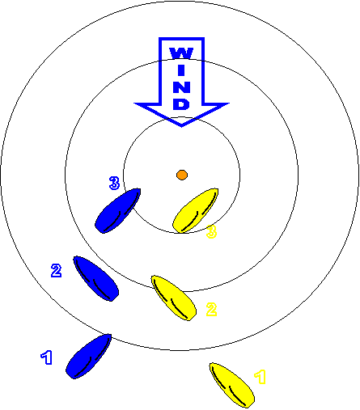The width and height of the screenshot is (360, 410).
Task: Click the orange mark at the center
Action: (182, 175)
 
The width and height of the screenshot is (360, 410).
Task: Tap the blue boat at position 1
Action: (89, 357)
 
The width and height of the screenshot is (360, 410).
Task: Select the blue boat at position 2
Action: (96, 278)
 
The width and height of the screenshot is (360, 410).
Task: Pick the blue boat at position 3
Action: (118, 210)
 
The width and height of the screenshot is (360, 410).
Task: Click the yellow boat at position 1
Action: (232, 385)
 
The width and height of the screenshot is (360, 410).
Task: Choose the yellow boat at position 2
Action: (174, 298)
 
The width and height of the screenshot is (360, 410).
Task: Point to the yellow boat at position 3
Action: (196, 210)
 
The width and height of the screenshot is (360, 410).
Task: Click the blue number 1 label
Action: (47, 357)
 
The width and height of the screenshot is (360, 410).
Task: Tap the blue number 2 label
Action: (57, 270)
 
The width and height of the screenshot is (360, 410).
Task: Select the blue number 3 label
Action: (114, 183)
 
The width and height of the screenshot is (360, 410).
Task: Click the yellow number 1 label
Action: (260, 377)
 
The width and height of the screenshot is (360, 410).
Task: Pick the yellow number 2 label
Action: (211, 309)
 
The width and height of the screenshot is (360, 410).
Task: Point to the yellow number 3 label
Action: (212, 231)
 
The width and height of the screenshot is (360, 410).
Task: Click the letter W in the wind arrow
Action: (181, 53)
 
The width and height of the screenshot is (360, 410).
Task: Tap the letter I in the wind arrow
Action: (181, 70)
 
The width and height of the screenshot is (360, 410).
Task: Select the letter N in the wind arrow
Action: (181, 87)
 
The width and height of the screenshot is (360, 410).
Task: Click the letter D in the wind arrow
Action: (181, 104)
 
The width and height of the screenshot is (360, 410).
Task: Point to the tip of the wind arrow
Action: (181, 126)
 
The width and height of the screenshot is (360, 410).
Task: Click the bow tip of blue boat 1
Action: (110, 335)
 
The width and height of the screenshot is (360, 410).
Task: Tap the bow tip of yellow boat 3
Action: (217, 189)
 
